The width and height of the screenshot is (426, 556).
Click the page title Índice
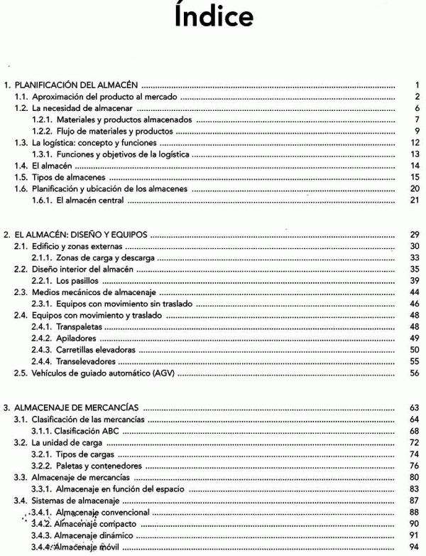point(213,16)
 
